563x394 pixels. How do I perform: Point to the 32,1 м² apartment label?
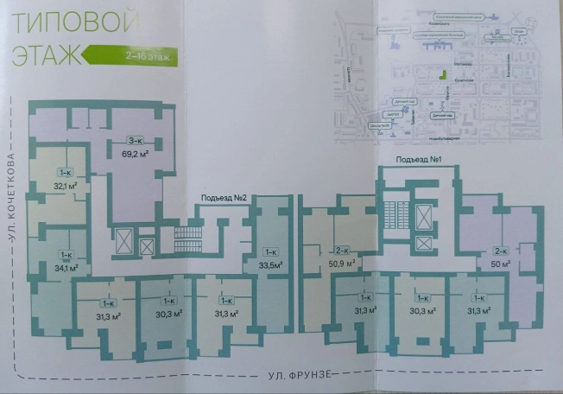[x=66, y=185]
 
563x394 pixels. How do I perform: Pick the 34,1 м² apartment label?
[x=66, y=267]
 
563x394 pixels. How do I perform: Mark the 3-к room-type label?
[x=135, y=141]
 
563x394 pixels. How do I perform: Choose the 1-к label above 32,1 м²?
[x=66, y=173]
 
